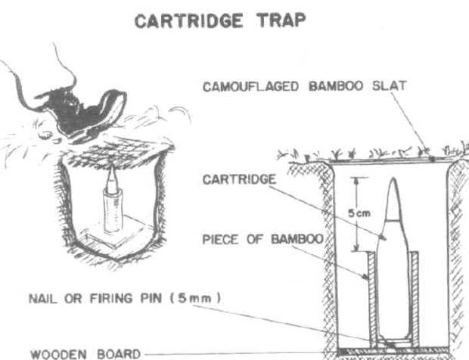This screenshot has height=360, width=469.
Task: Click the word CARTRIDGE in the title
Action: (x=189, y=21)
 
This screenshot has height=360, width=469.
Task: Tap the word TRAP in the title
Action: (x=281, y=20)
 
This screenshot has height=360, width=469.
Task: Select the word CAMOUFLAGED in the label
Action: (x=250, y=86)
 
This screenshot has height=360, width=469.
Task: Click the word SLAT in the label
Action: (x=389, y=85)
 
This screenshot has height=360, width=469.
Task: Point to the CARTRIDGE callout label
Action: (x=239, y=179)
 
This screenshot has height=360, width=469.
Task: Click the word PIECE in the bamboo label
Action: (x=220, y=240)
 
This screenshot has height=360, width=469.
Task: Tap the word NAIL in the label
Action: (x=43, y=299)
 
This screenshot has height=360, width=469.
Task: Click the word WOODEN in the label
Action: (x=59, y=354)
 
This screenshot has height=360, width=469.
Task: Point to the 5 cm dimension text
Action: (x=359, y=213)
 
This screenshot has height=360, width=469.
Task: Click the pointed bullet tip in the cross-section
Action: (x=393, y=180)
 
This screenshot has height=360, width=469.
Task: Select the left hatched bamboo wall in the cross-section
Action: (x=371, y=299)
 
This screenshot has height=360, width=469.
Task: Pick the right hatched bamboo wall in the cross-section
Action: (x=415, y=299)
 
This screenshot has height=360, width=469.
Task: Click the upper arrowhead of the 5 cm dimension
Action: (x=356, y=180)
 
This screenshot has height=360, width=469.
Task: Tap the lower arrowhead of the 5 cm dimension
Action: (x=356, y=248)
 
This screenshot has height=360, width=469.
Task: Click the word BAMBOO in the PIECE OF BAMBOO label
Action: (x=297, y=239)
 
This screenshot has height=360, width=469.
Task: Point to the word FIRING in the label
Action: (x=111, y=299)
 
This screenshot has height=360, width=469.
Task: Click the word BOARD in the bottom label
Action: (x=119, y=354)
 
